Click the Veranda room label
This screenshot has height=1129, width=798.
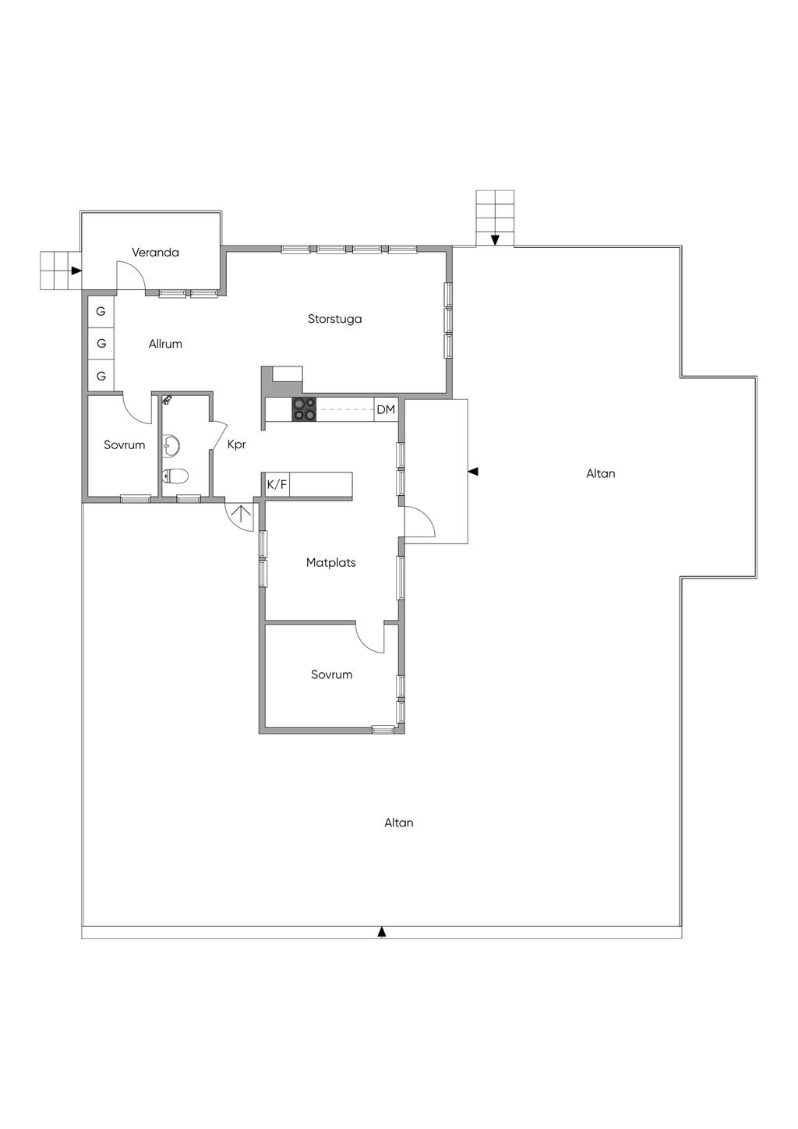(x=155, y=252)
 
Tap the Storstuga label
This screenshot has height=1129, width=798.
(x=334, y=319)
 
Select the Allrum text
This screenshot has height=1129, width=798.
(x=165, y=344)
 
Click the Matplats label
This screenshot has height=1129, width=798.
(x=331, y=562)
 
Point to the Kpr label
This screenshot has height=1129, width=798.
(x=236, y=444)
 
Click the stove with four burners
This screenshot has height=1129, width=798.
(x=304, y=409)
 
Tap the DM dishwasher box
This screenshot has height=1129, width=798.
(x=386, y=409)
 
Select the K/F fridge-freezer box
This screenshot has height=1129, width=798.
(x=277, y=485)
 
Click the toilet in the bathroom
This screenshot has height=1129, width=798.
(x=175, y=476)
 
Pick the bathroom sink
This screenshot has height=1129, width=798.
(x=171, y=445)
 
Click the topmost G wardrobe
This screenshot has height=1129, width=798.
(x=101, y=311)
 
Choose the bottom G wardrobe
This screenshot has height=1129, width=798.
(x=101, y=376)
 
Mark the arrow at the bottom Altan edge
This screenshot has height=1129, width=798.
(x=382, y=932)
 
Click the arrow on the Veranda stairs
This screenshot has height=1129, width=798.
(x=76, y=271)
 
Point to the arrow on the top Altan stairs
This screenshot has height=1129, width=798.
(x=495, y=240)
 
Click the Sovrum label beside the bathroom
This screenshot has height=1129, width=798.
(x=125, y=444)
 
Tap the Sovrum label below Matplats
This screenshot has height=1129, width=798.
(x=331, y=674)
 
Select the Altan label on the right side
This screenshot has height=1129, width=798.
(x=601, y=473)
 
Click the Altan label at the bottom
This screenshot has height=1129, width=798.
(x=398, y=823)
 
